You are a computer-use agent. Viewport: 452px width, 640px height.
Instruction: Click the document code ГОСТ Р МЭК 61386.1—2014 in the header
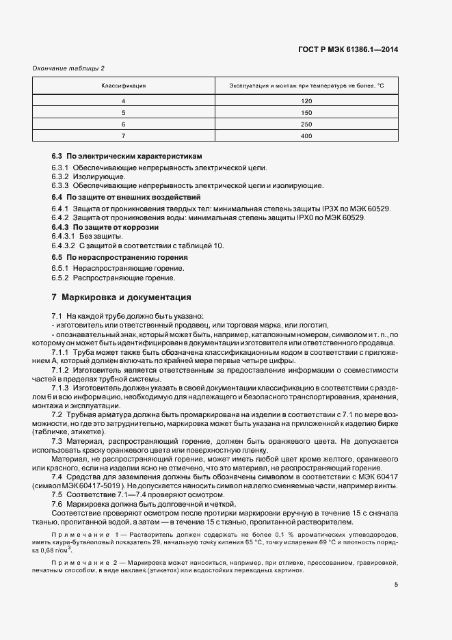[x=348, y=49]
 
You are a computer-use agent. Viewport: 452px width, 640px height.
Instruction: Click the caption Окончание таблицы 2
[x=68, y=68]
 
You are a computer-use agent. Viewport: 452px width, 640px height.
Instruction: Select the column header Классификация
[x=124, y=85]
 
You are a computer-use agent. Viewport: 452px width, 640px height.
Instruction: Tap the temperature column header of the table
[x=306, y=85]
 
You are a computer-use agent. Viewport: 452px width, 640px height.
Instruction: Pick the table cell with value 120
[x=306, y=101]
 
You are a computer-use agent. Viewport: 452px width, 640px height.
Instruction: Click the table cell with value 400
[x=306, y=136]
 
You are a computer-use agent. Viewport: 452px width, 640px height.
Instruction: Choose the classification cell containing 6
[x=124, y=124]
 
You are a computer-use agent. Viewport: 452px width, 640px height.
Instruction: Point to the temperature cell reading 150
[x=306, y=113]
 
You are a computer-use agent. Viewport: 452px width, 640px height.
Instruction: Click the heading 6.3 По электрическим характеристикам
[x=127, y=157]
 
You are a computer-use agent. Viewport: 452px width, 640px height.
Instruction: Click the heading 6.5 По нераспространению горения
[x=120, y=257]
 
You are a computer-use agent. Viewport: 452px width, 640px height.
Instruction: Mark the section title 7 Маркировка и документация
[x=121, y=297]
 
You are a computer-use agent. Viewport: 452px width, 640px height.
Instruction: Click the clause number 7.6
[x=57, y=503]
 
